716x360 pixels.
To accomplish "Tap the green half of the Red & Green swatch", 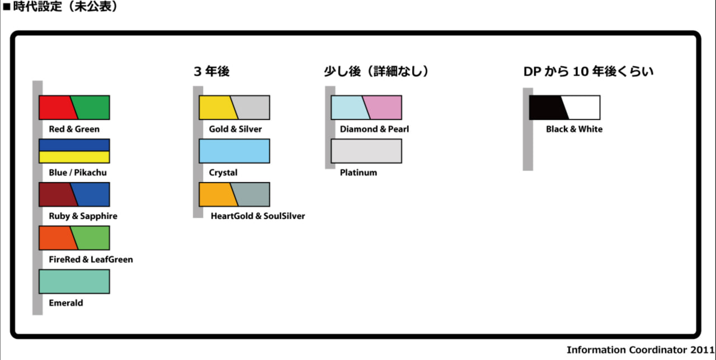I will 92,107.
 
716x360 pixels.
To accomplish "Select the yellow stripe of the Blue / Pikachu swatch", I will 74,157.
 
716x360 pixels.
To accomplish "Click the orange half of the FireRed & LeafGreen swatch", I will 56,238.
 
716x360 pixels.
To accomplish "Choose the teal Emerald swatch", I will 74,281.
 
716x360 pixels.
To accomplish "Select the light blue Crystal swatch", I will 234,151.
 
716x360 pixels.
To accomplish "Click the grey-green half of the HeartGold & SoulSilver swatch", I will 253,195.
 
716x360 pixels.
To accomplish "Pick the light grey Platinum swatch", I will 366,151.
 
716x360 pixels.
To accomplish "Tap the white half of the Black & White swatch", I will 583,107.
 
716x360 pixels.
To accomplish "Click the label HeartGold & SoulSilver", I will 258,216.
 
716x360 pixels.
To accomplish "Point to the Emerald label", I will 66,303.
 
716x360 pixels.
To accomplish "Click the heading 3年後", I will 211,72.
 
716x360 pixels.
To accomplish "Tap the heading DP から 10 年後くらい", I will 588,72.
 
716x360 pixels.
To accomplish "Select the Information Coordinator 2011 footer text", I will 640,350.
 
